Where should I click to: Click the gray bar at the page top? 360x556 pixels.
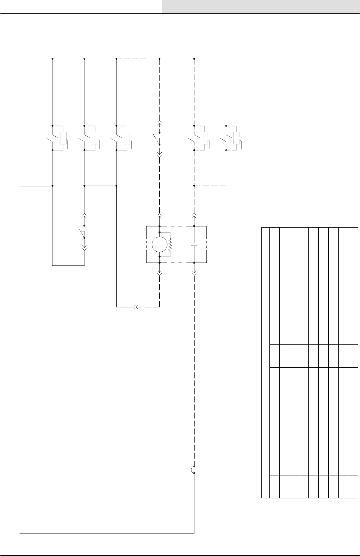tap(261, 6)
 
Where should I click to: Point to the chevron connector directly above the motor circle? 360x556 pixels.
tap(159, 215)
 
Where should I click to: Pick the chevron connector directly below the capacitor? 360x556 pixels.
tap(195, 273)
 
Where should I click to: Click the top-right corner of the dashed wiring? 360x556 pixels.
tap(226, 59)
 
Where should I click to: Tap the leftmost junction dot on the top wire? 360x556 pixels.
tap(52, 59)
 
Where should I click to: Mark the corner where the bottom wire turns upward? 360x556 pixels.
tap(195, 533)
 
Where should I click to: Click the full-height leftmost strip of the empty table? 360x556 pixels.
tap(266, 363)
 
